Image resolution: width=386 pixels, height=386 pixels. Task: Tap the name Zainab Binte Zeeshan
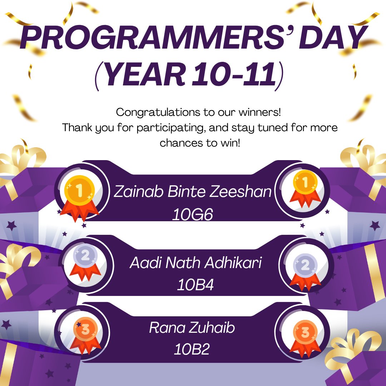(x=193, y=192)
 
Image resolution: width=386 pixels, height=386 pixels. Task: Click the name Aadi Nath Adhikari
(x=196, y=264)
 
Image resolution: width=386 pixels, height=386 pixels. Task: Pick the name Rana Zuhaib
(x=192, y=328)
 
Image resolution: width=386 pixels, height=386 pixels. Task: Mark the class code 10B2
(x=192, y=349)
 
